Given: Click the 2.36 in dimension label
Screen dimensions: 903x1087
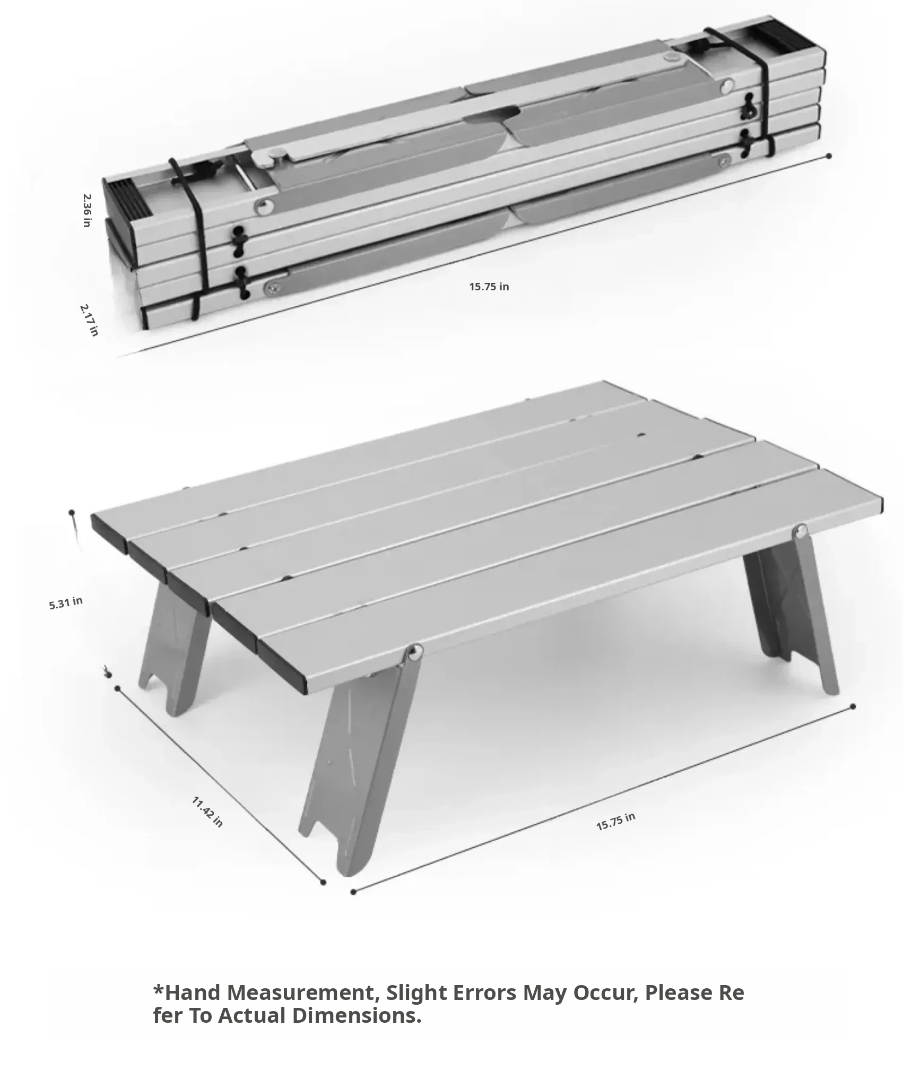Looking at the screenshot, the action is pyautogui.click(x=87, y=211).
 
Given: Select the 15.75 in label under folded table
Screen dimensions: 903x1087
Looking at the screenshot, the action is pyautogui.click(x=489, y=287).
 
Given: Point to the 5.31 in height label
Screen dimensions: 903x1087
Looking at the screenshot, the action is pyautogui.click(x=66, y=603).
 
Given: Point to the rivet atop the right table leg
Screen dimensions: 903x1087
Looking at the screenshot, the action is pyautogui.click(x=801, y=530).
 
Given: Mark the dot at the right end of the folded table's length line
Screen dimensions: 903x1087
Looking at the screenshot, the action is pyautogui.click(x=829, y=156).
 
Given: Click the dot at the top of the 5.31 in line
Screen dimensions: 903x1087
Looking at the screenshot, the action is pyautogui.click(x=72, y=513).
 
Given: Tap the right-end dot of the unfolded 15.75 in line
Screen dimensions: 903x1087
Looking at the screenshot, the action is pyautogui.click(x=853, y=706).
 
